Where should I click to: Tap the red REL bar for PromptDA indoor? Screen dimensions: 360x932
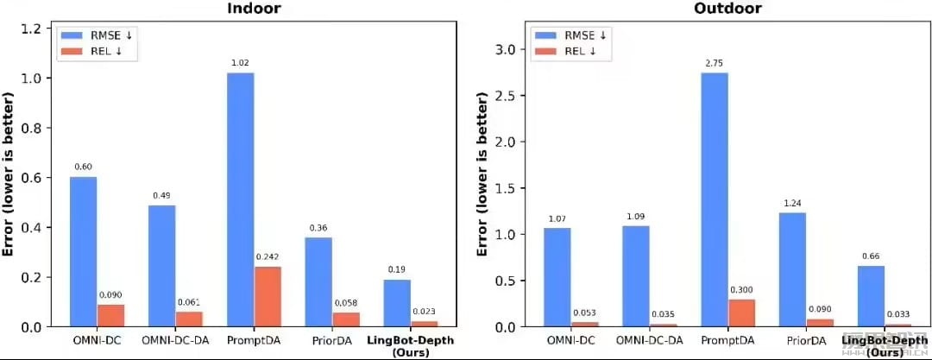click(x=268, y=296)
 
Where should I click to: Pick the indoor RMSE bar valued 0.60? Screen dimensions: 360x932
click(x=83, y=251)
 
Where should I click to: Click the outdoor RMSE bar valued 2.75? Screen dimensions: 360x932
click(x=715, y=199)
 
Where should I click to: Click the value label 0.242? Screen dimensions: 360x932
click(x=268, y=257)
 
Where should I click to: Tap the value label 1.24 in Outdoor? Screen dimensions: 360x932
click(x=793, y=203)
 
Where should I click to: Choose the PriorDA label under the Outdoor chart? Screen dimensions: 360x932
click(x=806, y=341)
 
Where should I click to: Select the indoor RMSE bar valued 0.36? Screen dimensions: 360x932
click(x=318, y=281)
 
